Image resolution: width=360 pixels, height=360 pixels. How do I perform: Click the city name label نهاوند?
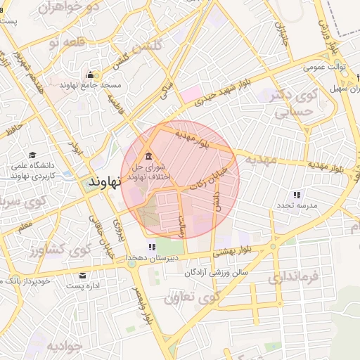pos(106,180)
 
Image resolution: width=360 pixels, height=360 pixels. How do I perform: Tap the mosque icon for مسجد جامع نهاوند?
pos(90,75)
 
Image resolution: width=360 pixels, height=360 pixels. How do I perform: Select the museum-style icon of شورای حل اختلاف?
pos(148,156)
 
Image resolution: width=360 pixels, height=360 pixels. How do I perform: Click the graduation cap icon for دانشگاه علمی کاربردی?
pos(32,155)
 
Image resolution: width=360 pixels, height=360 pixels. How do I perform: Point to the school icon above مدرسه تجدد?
pos(296,194)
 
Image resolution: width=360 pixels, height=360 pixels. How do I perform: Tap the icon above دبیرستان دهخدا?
pos(150,247)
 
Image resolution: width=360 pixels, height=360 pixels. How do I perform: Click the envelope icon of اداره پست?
pos(83,275)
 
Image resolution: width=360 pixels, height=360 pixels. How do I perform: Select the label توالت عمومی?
pos(323,68)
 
